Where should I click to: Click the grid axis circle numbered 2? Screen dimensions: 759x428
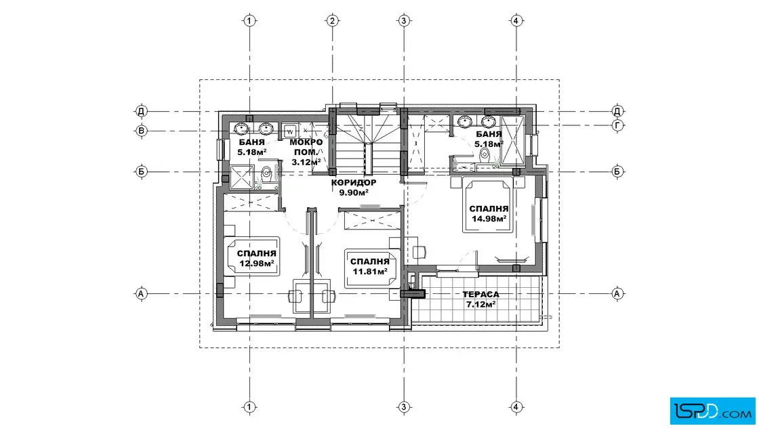tap(332, 21)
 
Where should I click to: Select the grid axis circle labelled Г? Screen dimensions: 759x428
tap(617, 125)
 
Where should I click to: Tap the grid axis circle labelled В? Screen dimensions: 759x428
tap(142, 131)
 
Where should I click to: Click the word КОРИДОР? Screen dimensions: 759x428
tap(353, 183)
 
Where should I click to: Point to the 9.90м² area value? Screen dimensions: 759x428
tap(354, 192)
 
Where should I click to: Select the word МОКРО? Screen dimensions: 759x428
tap(306, 142)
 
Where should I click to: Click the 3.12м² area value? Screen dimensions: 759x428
tap(306, 162)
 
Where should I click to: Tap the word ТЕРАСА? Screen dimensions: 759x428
tap(480, 295)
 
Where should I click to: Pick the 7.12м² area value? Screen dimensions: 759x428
tap(480, 304)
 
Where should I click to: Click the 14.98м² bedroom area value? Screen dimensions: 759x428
tap(489, 219)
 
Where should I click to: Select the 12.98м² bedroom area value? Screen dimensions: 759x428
tap(257, 263)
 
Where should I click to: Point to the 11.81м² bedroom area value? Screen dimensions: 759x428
tap(370, 272)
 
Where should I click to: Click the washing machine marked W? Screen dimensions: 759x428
tap(291, 131)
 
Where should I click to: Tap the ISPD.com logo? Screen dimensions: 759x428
tap(713, 412)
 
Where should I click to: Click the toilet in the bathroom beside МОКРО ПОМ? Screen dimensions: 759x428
tap(266, 173)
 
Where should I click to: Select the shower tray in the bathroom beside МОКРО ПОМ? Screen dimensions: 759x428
tap(241, 177)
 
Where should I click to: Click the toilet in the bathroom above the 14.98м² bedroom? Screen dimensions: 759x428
tap(484, 156)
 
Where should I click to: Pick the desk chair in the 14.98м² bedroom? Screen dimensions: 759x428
tap(419, 252)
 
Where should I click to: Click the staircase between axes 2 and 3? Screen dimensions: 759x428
tap(368, 144)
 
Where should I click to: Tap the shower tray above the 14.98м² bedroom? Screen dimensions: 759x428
tap(513, 140)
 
